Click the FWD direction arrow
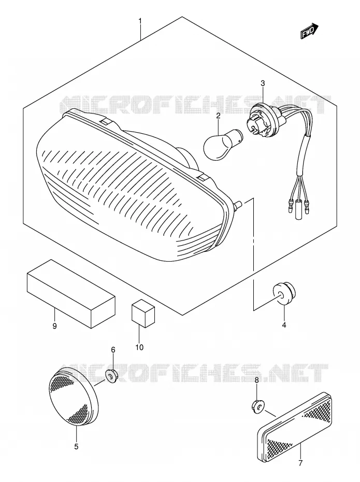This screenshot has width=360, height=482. (310, 31)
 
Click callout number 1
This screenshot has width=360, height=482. (140, 21)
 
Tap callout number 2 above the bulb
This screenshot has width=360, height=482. (218, 116)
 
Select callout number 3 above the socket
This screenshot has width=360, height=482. (263, 83)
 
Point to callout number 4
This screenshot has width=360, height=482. (284, 324)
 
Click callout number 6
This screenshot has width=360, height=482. (113, 350)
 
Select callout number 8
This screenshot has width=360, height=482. (257, 380)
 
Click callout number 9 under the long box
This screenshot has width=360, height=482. (55, 326)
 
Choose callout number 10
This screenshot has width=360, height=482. (139, 347)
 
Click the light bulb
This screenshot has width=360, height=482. (223, 145)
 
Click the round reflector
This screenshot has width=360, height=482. (74, 398)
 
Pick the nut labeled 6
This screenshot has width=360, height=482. (110, 376)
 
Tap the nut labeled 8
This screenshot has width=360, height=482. (258, 407)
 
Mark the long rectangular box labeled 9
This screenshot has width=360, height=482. (71, 293)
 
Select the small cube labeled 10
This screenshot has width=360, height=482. (143, 313)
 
